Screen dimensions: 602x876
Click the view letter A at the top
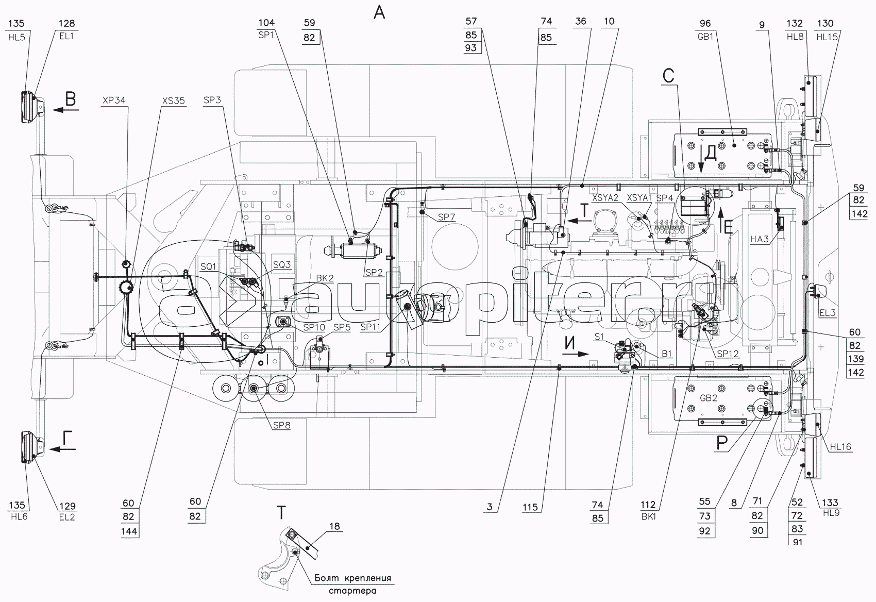click(379, 12)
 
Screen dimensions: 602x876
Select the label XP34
click(113, 100)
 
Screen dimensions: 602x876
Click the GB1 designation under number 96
click(705, 37)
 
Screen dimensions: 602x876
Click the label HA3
click(760, 239)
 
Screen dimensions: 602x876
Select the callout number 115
click(530, 507)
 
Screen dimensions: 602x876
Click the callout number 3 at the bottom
click(490, 507)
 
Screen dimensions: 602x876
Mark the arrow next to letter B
click(65, 110)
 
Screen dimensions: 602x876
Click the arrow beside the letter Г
click(65, 449)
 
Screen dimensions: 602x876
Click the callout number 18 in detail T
click(334, 526)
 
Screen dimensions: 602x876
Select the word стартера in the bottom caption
click(352, 591)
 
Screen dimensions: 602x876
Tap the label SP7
click(447, 217)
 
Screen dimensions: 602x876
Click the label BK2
click(325, 278)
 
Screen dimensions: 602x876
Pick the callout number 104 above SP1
click(266, 23)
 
